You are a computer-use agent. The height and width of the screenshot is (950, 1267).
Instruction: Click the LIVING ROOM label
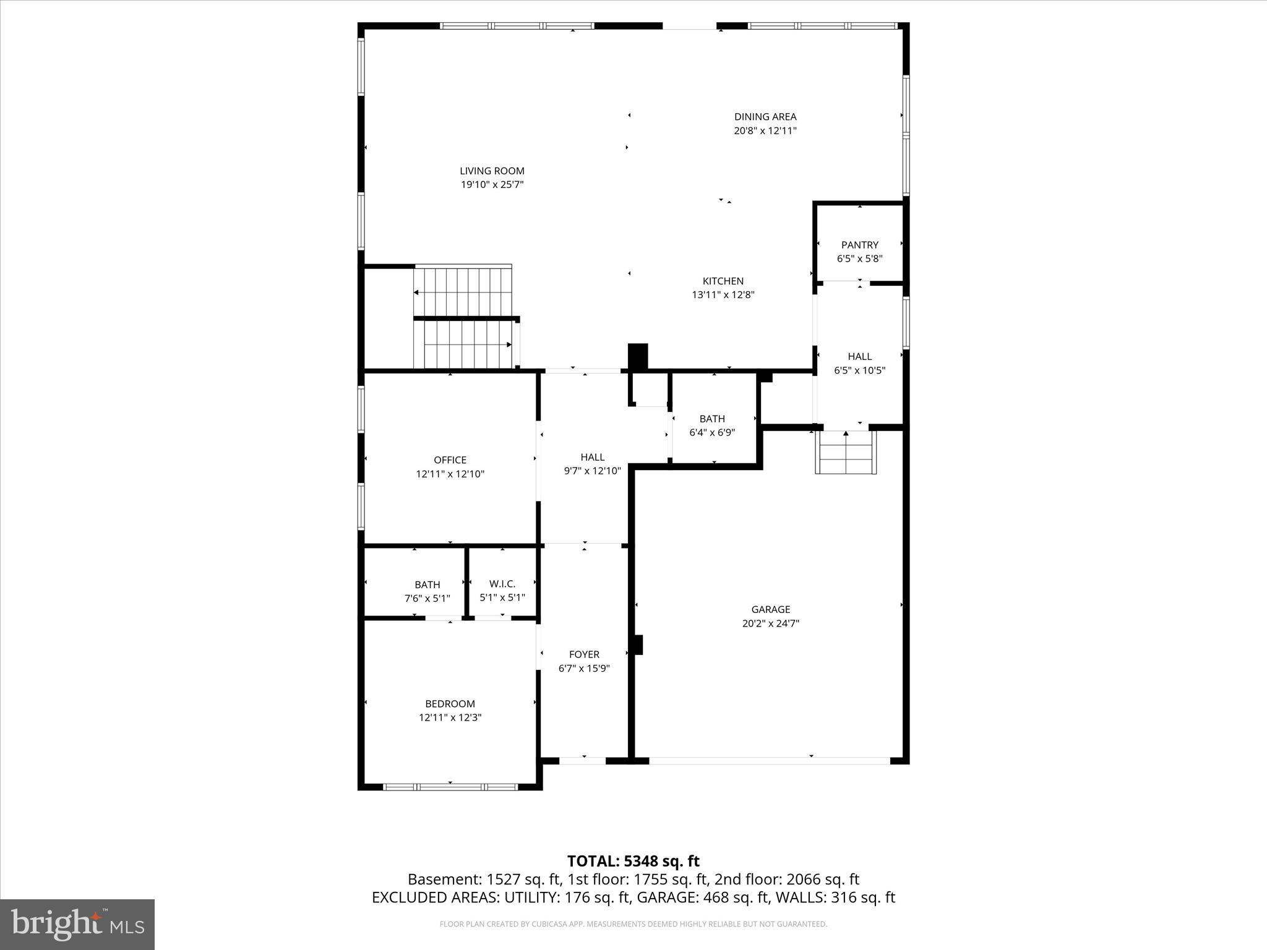492,171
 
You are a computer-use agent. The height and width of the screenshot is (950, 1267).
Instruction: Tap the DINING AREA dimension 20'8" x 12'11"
765,131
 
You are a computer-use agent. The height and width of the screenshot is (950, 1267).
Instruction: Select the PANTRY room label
859,245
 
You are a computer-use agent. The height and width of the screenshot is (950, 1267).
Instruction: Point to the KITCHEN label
723,281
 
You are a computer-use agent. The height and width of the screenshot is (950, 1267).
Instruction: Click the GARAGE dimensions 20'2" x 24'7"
770,623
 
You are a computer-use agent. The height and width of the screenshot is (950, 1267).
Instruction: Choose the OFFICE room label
450,460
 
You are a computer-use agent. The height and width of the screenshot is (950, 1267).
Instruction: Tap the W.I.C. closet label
502,584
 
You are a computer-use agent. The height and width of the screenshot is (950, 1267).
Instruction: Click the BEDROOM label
450,704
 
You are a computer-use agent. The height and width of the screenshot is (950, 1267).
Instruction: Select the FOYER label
584,654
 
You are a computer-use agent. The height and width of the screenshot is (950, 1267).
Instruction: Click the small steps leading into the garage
846,452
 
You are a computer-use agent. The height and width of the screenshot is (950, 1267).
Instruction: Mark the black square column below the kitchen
638,356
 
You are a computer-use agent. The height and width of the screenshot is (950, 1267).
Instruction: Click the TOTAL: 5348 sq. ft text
633,861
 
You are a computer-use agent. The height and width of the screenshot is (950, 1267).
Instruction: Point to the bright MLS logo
77,924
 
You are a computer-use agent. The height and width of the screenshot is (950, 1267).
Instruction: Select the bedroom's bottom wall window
450,787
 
